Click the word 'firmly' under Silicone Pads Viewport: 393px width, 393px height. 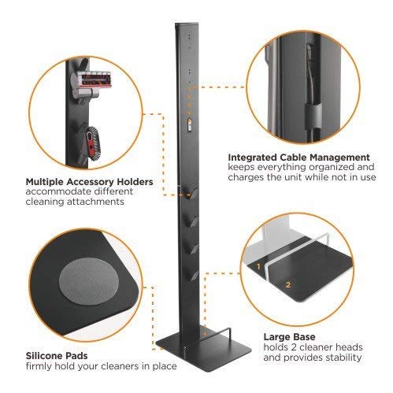(38, 367)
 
